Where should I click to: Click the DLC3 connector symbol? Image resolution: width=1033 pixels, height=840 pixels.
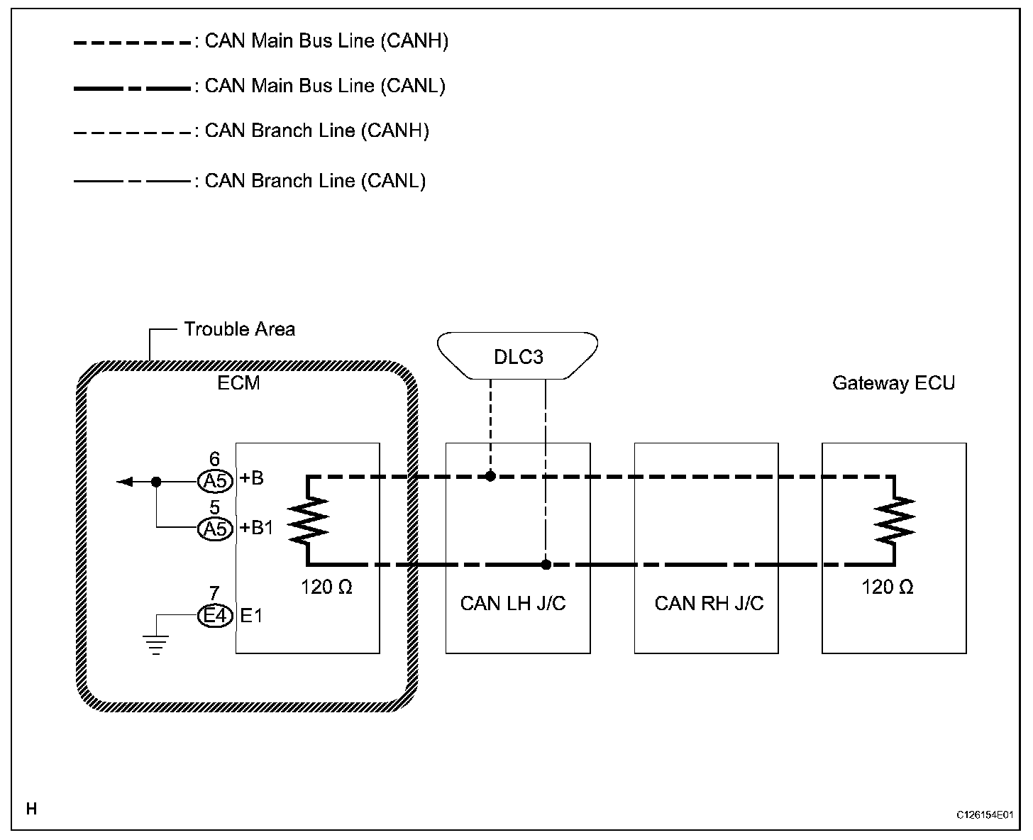click(x=517, y=355)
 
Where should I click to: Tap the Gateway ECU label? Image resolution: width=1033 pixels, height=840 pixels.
click(x=893, y=383)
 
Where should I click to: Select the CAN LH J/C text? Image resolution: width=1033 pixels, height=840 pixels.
click(x=513, y=603)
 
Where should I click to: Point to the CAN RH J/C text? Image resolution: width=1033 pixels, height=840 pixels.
click(x=709, y=603)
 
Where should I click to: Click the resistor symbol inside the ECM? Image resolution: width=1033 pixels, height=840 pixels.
click(x=308, y=521)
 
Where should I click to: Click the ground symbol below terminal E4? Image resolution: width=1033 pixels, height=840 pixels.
click(x=155, y=645)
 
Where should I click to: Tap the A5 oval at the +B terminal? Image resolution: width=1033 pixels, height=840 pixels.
click(x=216, y=481)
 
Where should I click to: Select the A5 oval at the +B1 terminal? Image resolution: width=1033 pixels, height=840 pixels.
click(x=216, y=529)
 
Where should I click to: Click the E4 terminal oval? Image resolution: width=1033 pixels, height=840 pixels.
click(x=216, y=616)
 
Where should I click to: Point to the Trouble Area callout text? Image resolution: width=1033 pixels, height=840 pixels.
click(x=240, y=329)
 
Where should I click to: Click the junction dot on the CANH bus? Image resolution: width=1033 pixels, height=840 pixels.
click(x=490, y=476)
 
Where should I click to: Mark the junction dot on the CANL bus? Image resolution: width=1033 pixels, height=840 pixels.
click(x=546, y=565)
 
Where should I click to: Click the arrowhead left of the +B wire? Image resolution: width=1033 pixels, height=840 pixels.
click(x=125, y=482)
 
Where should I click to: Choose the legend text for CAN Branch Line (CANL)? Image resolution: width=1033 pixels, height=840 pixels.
click(x=315, y=181)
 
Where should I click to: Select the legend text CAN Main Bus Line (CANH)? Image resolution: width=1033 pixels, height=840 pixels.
click(x=326, y=41)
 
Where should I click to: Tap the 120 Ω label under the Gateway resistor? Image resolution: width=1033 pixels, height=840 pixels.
click(x=888, y=587)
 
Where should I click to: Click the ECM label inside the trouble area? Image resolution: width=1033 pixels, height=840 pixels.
click(x=238, y=383)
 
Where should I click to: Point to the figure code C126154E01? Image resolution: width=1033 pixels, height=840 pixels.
click(x=985, y=815)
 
